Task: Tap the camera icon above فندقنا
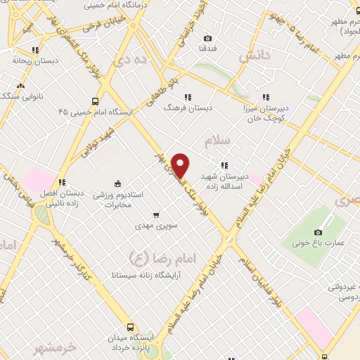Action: [207, 38]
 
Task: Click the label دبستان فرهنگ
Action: [187, 108]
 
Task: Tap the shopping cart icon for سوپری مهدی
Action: [156, 214]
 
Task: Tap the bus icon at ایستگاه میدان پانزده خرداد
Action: [130, 327]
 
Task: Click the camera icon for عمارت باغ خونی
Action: [318, 233]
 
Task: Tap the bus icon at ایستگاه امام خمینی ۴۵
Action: [96, 100]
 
